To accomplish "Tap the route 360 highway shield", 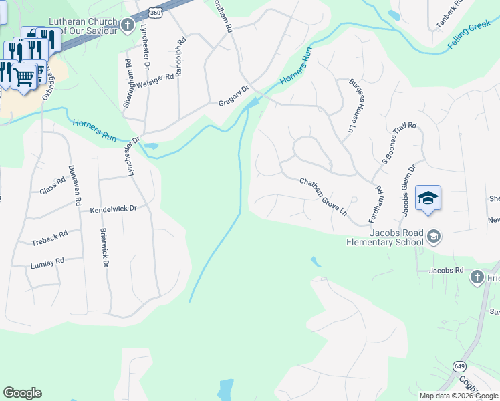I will [155, 13].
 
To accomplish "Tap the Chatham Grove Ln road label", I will [324, 196].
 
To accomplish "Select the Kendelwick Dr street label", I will [113, 209].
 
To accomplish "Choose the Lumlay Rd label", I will [47, 263].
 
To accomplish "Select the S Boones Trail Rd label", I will [399, 142].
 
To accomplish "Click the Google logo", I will [22, 393].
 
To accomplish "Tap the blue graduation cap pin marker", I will [428, 198].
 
